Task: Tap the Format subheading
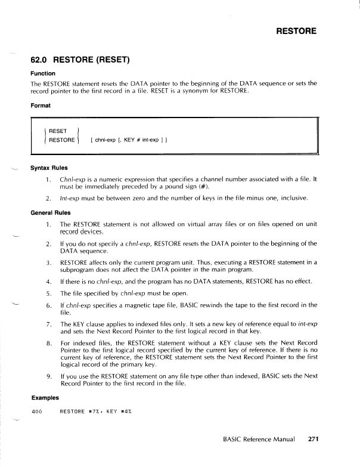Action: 41,106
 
